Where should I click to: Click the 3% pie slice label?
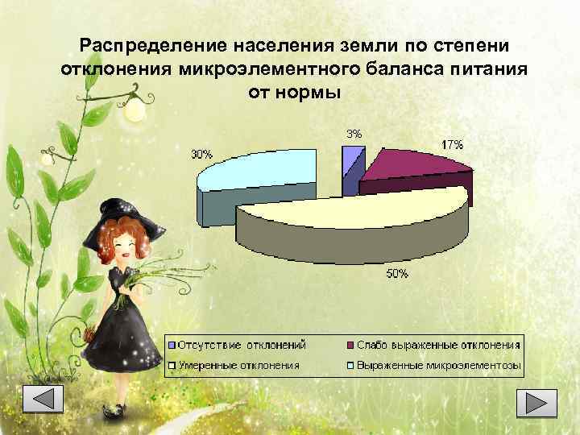tap(354, 134)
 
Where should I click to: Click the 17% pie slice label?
tap(452, 145)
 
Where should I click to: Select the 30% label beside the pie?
tap(201, 155)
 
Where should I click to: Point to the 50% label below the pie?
tap(397, 274)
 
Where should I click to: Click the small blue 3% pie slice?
tap(352, 159)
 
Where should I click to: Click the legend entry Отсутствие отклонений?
tap(241, 345)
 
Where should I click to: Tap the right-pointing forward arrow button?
tap(536, 402)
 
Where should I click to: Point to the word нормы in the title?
tap(311, 92)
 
